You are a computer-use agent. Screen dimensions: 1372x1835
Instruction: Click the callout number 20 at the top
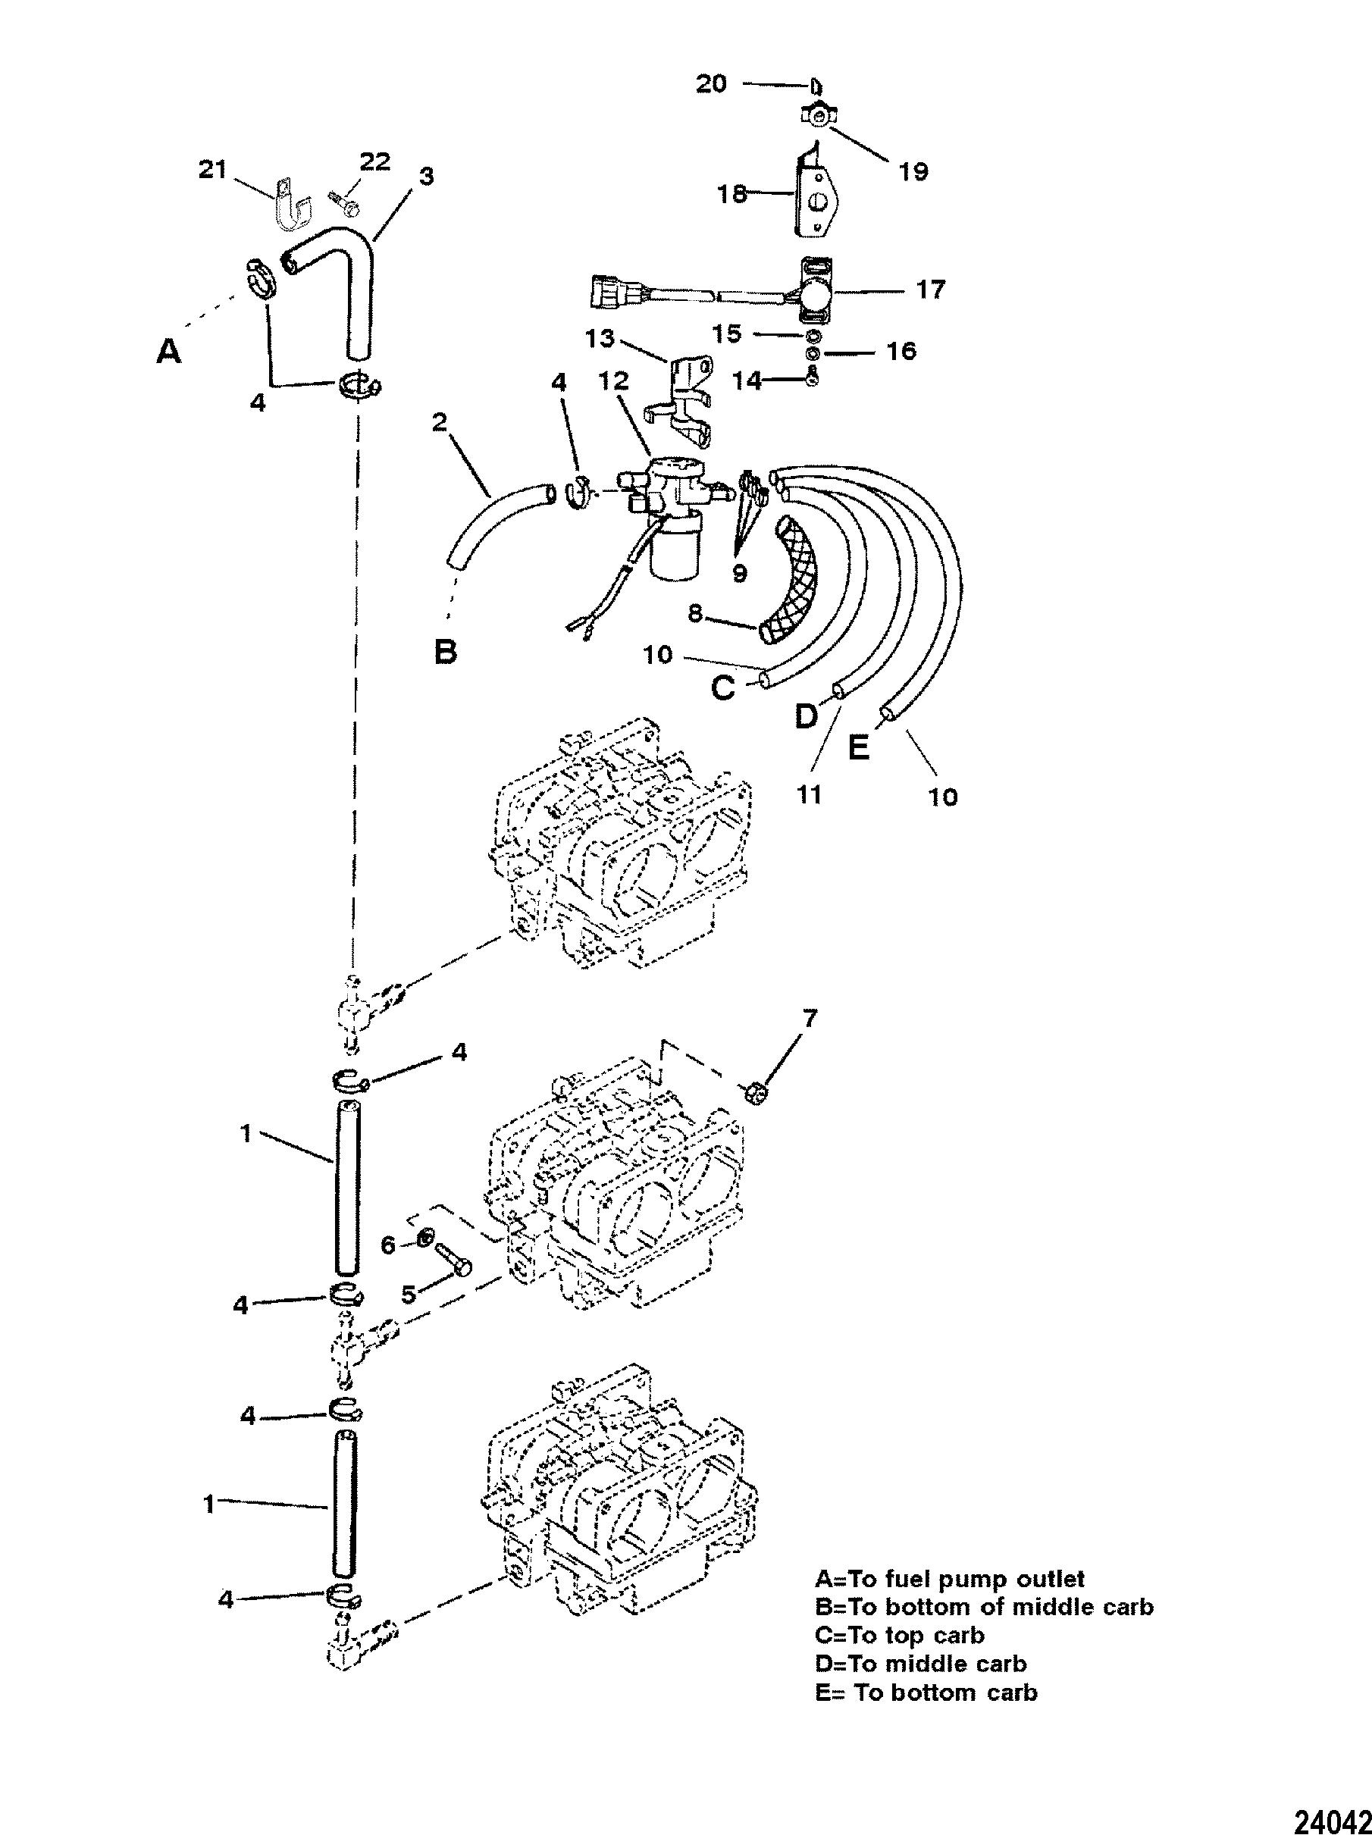pos(711,84)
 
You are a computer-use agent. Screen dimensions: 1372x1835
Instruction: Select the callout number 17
pos(930,290)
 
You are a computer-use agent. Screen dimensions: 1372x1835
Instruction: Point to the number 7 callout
pos(809,1018)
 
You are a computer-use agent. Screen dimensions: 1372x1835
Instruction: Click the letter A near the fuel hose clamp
pos(168,352)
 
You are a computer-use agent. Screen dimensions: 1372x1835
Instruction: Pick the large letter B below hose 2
pos(446,652)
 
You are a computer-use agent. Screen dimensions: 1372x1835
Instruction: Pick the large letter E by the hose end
pos(859,749)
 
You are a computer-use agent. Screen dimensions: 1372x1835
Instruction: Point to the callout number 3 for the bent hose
pos(425,176)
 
